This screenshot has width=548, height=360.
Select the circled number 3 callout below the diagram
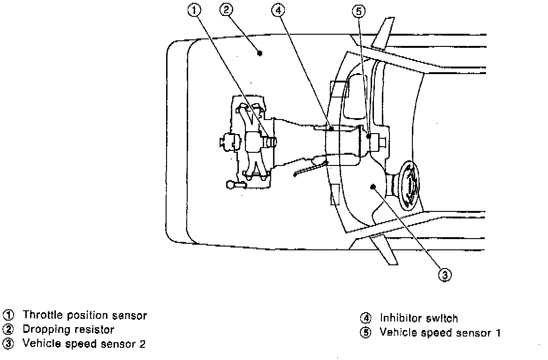pyautogui.click(x=445, y=274)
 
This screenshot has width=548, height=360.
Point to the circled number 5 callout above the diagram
pyautogui.click(x=358, y=11)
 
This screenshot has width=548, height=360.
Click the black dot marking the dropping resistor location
pyautogui.click(x=260, y=53)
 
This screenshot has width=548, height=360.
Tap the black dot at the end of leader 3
pyautogui.click(x=373, y=187)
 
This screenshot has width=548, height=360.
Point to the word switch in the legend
pyautogui.click(x=442, y=319)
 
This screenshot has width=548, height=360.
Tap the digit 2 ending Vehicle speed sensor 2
pyautogui.click(x=142, y=344)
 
